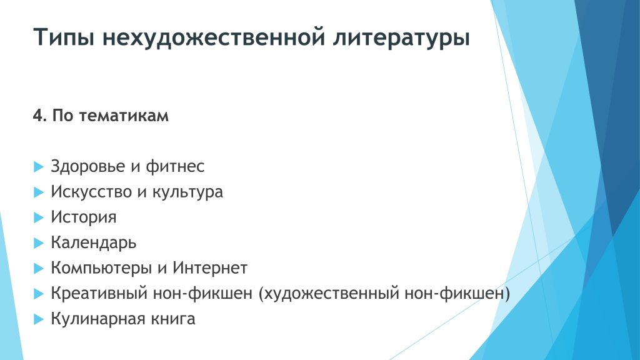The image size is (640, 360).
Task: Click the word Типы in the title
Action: pos(64,37)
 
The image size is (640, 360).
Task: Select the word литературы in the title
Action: pos(401,37)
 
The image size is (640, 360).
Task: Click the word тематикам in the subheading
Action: pos(124,116)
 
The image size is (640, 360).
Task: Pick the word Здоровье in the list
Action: pos(87,166)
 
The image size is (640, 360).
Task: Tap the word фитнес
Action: pos(175,166)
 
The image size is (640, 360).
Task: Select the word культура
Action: pos(187,192)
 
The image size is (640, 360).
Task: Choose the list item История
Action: pos(84,217)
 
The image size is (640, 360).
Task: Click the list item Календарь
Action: pos(94,243)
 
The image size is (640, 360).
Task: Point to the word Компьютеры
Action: pos(101,268)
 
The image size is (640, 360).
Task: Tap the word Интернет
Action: pos(210,268)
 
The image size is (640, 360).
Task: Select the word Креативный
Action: pos(99,294)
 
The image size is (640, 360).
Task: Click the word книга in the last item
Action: pos(173,319)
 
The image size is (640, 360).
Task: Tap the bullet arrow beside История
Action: pos(39,217)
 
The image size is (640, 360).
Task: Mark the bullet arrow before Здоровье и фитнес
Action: pos(39,166)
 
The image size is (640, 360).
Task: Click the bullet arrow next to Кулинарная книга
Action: pos(39,319)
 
